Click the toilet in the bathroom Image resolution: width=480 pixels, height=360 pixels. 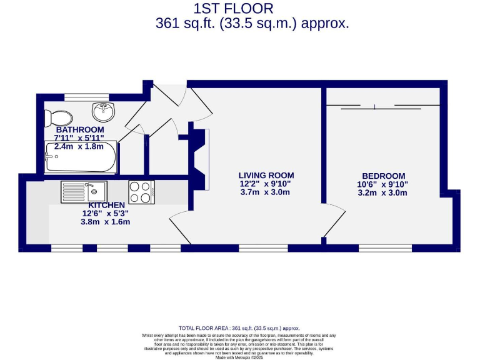click(59, 117)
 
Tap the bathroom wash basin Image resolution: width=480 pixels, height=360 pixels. click(103, 112)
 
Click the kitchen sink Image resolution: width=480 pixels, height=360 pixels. click(84, 191)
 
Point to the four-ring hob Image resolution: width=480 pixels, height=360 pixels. click(142, 191)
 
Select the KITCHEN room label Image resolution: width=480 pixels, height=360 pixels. click(106, 205)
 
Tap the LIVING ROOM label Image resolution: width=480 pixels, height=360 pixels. click(266, 176)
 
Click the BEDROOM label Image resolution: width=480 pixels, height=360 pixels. click(383, 176)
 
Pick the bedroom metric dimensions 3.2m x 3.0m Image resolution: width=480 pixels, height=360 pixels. click(383, 193)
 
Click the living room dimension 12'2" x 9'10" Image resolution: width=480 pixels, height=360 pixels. click(266, 184)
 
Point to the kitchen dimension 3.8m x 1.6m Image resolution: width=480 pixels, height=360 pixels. click(106, 222)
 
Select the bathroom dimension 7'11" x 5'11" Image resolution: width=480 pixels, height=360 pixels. click(79, 137)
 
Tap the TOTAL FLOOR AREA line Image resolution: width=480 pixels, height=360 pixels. click(239, 328)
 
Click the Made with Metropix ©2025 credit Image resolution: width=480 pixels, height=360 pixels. click(239, 357)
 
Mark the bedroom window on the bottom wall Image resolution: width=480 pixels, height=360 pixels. click(385, 248)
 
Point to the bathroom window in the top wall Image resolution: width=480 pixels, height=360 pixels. click(87, 97)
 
